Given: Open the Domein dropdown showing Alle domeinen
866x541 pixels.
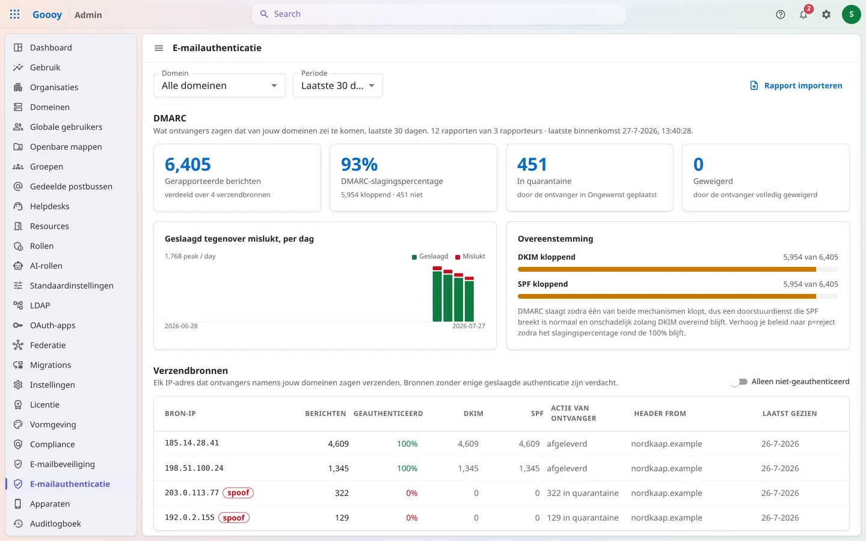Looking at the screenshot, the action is (219, 85).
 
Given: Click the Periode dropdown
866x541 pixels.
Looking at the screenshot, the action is (337, 85).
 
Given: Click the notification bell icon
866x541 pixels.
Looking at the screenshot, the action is (803, 14).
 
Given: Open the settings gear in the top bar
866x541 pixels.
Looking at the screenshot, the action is (826, 14).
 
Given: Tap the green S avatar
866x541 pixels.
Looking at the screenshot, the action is (851, 14).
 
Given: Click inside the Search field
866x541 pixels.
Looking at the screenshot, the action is (439, 14).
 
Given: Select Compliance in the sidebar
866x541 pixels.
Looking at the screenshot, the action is (52, 444).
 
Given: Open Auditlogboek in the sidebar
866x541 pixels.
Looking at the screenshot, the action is (55, 524).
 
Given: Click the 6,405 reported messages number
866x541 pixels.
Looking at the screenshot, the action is (188, 164).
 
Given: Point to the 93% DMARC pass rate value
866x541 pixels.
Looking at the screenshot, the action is (359, 164).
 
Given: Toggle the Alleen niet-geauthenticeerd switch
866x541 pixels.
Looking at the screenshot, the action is (739, 382).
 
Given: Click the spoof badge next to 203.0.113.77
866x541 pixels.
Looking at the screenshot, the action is (238, 493).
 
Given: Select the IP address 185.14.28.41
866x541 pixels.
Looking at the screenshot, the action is (192, 443).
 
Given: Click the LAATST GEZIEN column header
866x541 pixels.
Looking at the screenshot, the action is (790, 414).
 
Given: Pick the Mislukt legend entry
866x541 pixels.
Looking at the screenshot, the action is (470, 256).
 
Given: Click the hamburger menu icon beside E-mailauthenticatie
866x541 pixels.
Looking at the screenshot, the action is (159, 48).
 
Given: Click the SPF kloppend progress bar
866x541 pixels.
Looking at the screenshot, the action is (678, 296).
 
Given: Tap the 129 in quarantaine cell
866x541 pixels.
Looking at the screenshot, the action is (583, 518).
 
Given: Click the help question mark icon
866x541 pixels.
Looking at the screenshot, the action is (780, 14).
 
